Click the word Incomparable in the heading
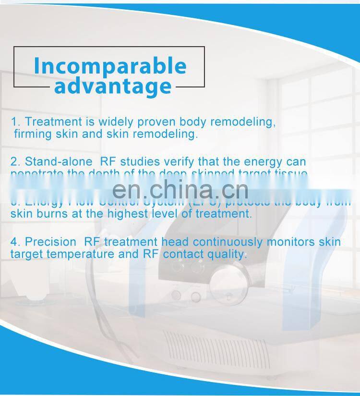110,66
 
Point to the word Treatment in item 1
53,122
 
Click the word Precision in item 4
50,242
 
